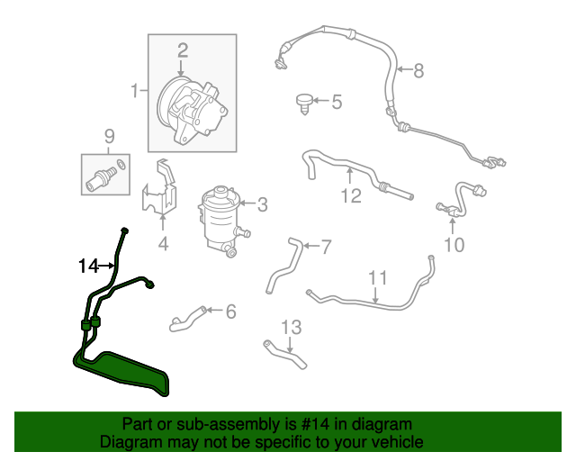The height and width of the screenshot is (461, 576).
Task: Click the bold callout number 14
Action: [x=88, y=266]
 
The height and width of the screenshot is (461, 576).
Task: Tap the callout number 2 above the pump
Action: [x=183, y=50]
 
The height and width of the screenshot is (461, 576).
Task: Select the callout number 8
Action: [x=418, y=70]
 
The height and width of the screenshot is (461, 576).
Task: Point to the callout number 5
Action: [x=337, y=102]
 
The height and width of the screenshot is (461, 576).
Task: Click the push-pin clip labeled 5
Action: [x=304, y=104]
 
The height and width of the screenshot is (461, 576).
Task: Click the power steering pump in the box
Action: [x=192, y=110]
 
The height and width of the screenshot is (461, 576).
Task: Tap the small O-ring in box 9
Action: [x=121, y=165]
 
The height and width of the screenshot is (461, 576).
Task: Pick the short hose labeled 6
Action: [x=187, y=319]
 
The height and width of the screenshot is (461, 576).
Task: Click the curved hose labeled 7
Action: [x=283, y=265]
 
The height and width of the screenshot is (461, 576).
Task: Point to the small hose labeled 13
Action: [x=284, y=354]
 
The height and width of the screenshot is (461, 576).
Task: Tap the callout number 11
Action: [x=378, y=278]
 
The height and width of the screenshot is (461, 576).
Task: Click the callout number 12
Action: [x=351, y=196]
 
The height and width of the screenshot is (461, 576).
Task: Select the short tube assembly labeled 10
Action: [x=462, y=199]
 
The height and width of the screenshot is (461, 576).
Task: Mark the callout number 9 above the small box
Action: [x=110, y=136]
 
